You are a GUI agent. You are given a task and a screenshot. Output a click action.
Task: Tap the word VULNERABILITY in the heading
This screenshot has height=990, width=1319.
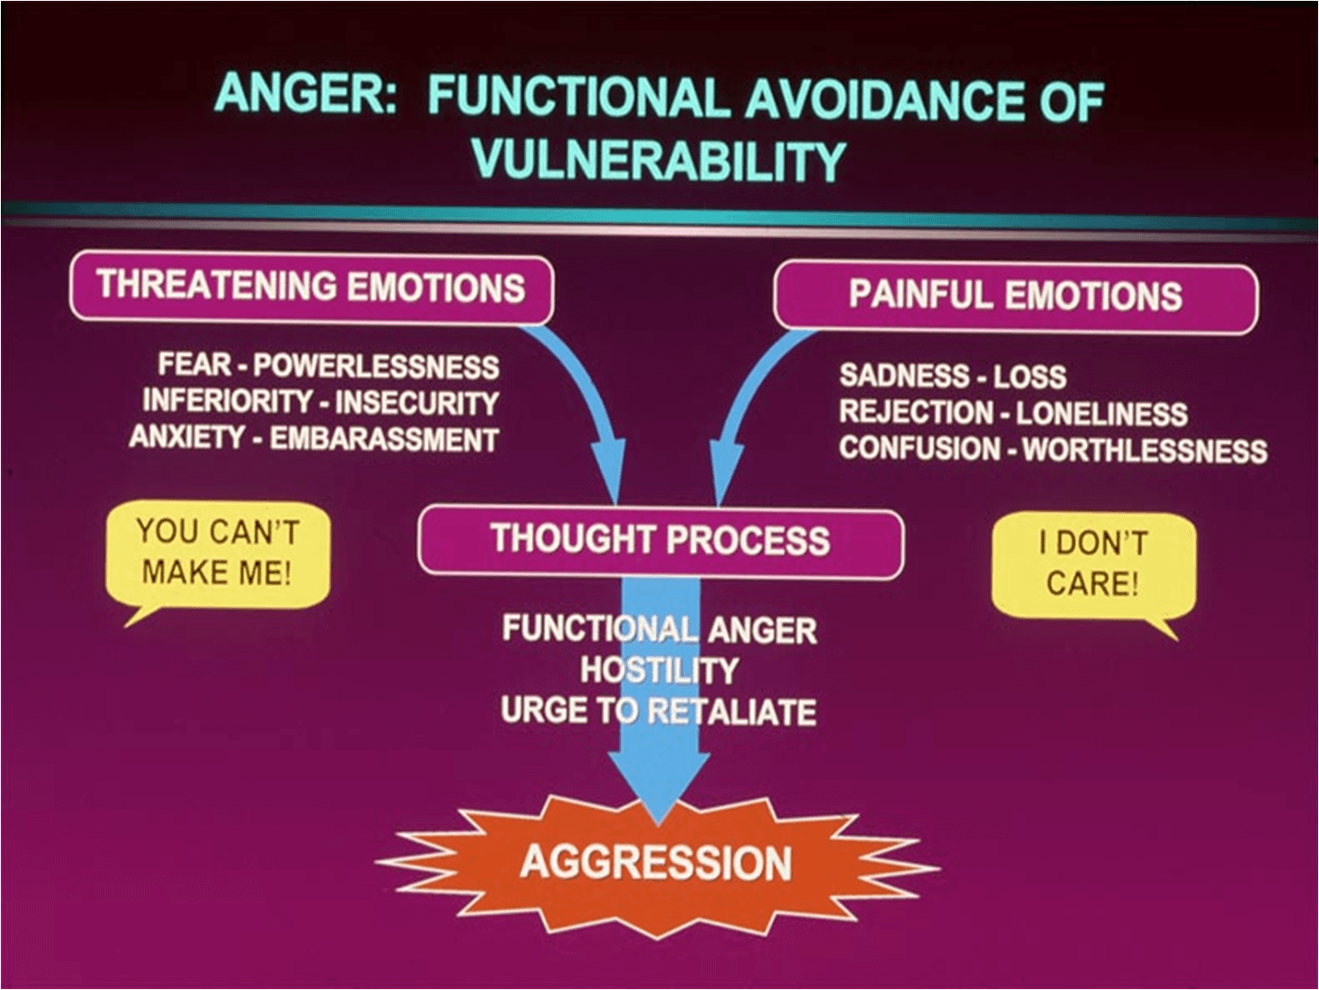coord(658,160)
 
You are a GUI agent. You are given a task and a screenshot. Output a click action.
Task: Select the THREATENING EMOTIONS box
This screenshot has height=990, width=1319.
coord(311,287)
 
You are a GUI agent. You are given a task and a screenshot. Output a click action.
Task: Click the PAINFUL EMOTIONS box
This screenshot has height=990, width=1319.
coord(1014,296)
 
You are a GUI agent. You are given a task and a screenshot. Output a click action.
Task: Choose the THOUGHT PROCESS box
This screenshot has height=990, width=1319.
coord(659,540)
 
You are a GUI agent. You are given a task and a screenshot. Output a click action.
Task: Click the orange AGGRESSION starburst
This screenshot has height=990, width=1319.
coord(656,863)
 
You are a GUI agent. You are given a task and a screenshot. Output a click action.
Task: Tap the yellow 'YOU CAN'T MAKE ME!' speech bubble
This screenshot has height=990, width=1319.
coord(217,553)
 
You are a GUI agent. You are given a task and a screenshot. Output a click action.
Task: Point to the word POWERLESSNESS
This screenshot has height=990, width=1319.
coord(376,366)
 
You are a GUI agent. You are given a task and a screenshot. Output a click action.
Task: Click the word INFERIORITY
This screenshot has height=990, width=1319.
coord(227,401)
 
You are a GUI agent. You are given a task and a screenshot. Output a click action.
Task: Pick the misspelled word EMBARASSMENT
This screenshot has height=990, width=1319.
coord(384,439)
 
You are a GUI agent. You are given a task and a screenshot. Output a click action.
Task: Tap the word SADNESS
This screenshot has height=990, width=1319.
coord(904,376)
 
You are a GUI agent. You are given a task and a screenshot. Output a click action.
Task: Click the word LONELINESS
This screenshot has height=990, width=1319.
coord(1101,414)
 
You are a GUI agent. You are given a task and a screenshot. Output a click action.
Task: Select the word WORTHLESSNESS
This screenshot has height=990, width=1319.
coord(1144,452)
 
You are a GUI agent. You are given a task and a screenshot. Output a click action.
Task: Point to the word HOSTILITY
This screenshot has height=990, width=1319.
coord(659,671)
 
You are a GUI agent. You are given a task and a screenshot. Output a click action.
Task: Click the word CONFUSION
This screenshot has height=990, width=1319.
coord(919,449)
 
